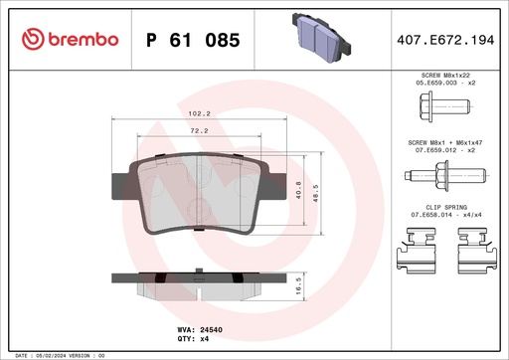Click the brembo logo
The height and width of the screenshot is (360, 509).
coord(69,39)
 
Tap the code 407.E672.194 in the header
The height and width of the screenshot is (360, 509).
coord(444,39)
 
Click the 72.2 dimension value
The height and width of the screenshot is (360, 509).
coord(199,130)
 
